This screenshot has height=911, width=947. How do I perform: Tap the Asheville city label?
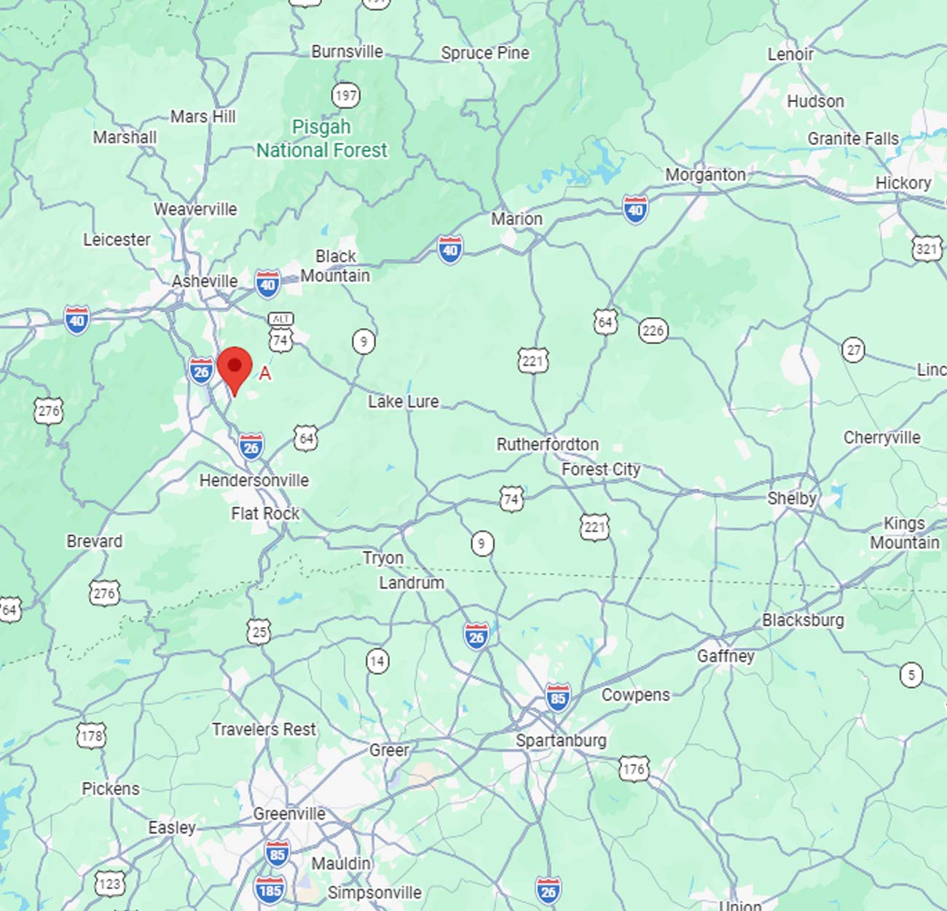[x=205, y=281]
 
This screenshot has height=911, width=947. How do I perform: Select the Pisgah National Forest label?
[x=321, y=138]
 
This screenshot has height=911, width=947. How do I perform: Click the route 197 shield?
[x=345, y=95]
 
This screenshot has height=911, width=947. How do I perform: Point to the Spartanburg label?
[x=561, y=740]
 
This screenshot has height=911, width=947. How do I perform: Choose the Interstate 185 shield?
[x=270, y=890]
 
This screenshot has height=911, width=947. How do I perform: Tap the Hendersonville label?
[x=254, y=480]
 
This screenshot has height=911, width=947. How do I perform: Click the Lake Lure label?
[x=403, y=402]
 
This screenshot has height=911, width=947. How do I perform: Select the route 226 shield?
[x=653, y=331]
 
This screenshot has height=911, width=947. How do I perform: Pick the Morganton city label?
[x=705, y=175]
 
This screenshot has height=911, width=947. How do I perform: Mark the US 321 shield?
[x=926, y=249]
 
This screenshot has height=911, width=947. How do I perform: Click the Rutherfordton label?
[x=548, y=444]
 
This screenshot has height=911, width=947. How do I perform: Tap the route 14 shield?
[x=377, y=661]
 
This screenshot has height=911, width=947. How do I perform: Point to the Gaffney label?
[x=726, y=656]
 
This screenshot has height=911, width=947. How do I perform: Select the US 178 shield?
[x=91, y=735]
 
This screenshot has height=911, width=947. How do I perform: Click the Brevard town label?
[x=94, y=541]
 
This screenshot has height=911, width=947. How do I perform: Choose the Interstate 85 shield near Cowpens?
[x=558, y=698]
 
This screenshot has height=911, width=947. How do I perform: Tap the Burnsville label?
[x=347, y=52]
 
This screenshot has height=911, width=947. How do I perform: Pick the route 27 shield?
[x=853, y=350]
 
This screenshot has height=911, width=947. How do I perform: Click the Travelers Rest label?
[x=264, y=730]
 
